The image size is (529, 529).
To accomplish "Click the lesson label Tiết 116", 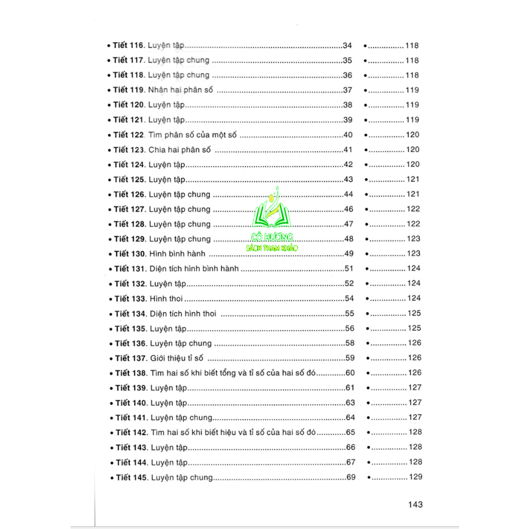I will (128, 46).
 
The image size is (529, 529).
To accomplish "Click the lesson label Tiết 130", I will (128, 254).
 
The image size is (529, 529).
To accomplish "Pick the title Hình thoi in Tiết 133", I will (166, 298).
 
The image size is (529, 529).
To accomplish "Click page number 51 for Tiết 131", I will (350, 269).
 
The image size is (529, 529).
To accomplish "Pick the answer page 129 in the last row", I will (414, 478).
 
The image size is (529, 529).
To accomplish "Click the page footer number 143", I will (412, 504).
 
